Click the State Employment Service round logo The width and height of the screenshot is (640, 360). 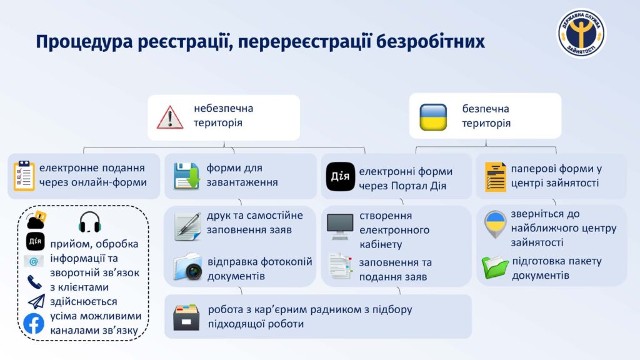(x=582, y=34)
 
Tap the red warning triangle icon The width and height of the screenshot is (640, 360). (x=170, y=117)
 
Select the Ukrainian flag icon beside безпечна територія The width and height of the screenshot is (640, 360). (x=433, y=117)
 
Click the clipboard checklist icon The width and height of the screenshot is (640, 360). (x=24, y=176)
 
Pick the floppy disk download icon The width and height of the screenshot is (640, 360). (x=186, y=176)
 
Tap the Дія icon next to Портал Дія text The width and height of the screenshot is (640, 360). (x=341, y=176)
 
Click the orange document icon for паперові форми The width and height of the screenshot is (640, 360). (x=495, y=177)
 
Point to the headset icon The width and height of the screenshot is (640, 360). (x=90, y=222)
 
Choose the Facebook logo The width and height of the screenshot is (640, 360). (x=34, y=324)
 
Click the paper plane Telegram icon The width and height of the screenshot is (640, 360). (x=36, y=302)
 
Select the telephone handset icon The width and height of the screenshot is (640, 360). (x=34, y=282)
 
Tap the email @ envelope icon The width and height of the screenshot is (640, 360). (x=34, y=261)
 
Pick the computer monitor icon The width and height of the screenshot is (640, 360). (x=340, y=226)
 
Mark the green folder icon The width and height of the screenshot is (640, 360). (x=495, y=267)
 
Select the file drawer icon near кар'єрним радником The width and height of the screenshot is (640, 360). (x=186, y=317)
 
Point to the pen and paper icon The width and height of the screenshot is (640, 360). (x=187, y=226)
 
